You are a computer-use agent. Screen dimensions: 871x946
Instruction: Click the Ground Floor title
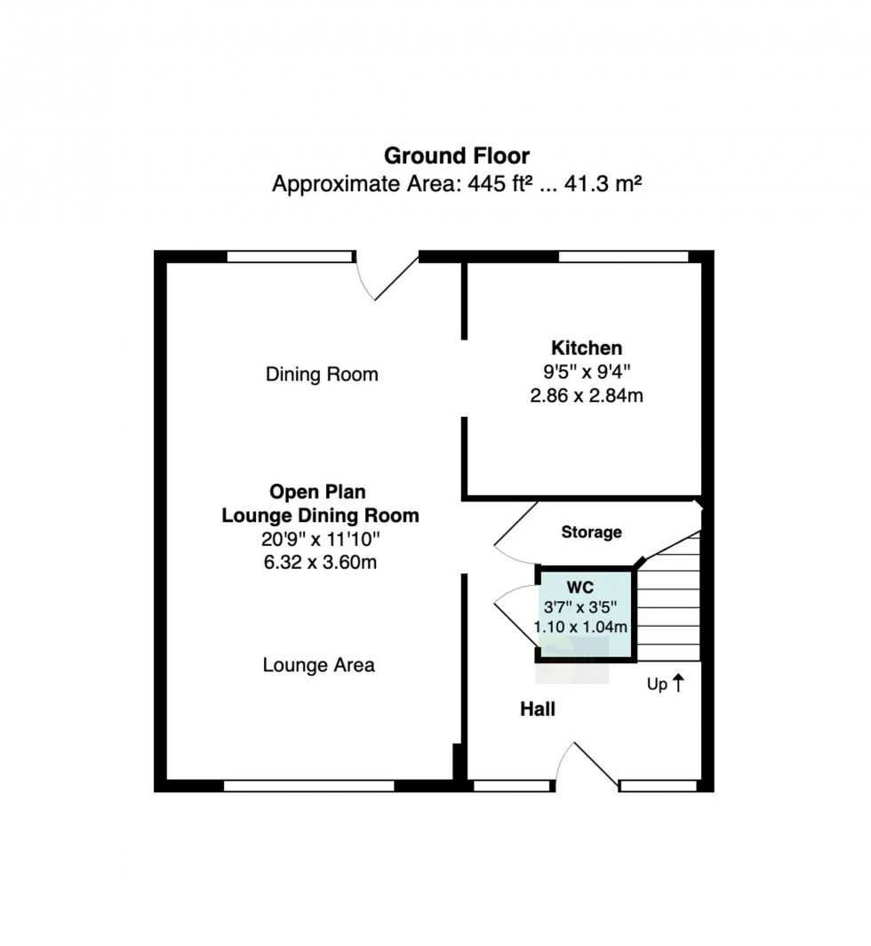(457, 156)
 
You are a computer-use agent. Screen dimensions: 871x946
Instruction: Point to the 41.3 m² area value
(602, 183)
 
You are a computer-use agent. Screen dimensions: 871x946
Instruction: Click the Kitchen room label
(587, 349)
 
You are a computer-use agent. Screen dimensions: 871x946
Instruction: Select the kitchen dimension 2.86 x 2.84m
(587, 396)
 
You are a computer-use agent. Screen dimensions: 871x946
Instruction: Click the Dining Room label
(322, 374)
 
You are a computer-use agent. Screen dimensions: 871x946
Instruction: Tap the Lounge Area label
(318, 665)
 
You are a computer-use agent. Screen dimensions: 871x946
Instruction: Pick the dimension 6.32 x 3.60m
(320, 562)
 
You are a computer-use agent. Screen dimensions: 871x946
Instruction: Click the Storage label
(591, 532)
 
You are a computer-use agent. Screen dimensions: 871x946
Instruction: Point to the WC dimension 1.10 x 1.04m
(580, 628)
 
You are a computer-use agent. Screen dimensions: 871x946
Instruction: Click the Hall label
(538, 709)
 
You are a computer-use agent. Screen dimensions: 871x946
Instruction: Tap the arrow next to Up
(678, 683)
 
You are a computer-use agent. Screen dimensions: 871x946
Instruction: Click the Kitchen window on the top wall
(623, 256)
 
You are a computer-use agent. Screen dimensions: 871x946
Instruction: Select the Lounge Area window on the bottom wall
(308, 786)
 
